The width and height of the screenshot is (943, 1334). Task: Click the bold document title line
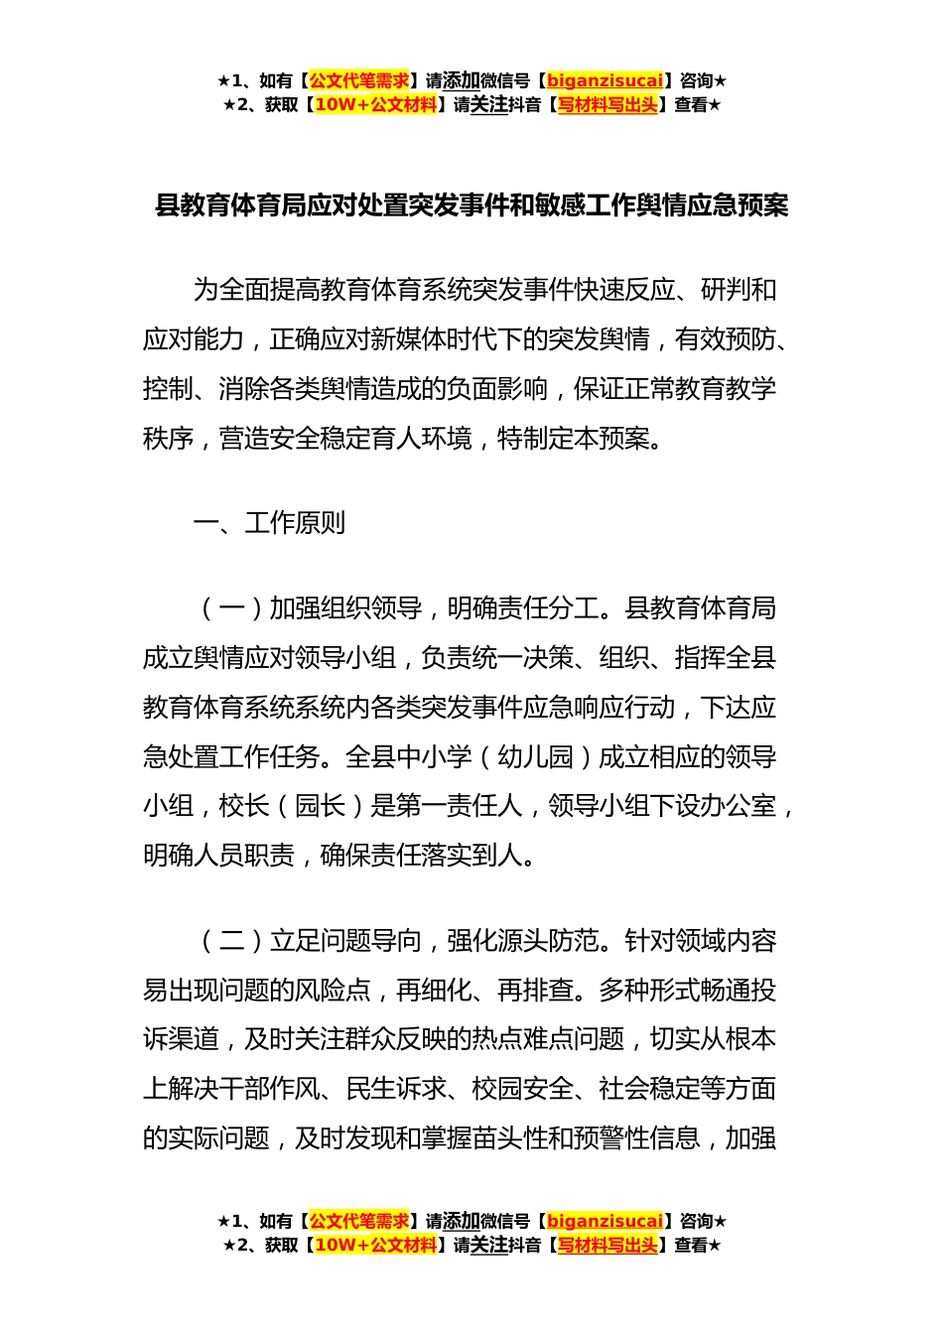coord(471,206)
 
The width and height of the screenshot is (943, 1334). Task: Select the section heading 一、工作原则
coord(269,523)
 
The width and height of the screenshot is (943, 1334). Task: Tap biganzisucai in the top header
coord(605,80)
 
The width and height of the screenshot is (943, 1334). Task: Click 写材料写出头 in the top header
coord(607,105)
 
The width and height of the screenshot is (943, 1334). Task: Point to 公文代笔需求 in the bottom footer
coord(358,1221)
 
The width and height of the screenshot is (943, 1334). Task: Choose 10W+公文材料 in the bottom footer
coord(375,1246)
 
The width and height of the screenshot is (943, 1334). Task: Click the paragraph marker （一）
coord(231,608)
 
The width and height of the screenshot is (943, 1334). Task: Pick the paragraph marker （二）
coord(231,941)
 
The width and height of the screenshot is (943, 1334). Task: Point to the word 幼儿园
coord(536,757)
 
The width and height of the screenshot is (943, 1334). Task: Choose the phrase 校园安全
coord(523,1089)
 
